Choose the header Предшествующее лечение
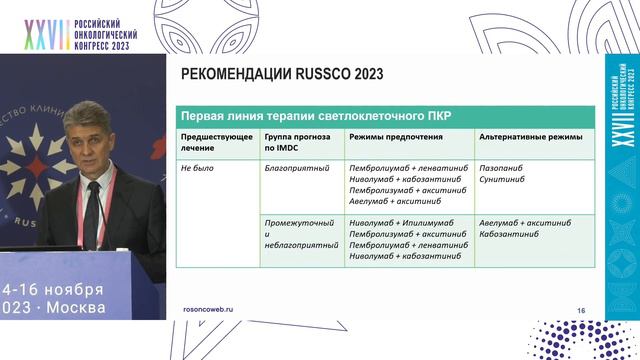click(213, 141)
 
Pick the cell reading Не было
click(198, 169)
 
